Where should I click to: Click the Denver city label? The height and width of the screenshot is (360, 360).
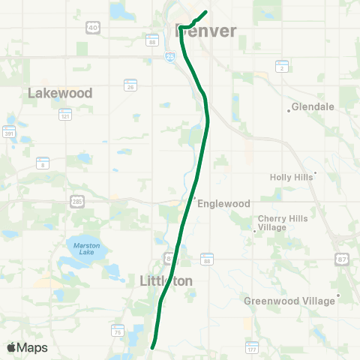205,31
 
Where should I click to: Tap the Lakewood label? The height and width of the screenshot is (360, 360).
60,93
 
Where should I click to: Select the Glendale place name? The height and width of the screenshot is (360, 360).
313,106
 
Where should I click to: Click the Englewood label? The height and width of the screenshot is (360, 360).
223,202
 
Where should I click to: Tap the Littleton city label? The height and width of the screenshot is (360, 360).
166,280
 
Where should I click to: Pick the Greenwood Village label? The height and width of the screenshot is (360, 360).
289,301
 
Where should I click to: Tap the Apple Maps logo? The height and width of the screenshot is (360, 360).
26,347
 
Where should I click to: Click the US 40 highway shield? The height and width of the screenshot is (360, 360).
92,28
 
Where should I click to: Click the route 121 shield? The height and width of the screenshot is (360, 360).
65,115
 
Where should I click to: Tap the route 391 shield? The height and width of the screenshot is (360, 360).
10,133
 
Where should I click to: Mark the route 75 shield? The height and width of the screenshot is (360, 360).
117,330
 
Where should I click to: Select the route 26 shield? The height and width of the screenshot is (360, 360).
130,86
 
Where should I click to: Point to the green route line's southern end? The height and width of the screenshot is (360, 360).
152,347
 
